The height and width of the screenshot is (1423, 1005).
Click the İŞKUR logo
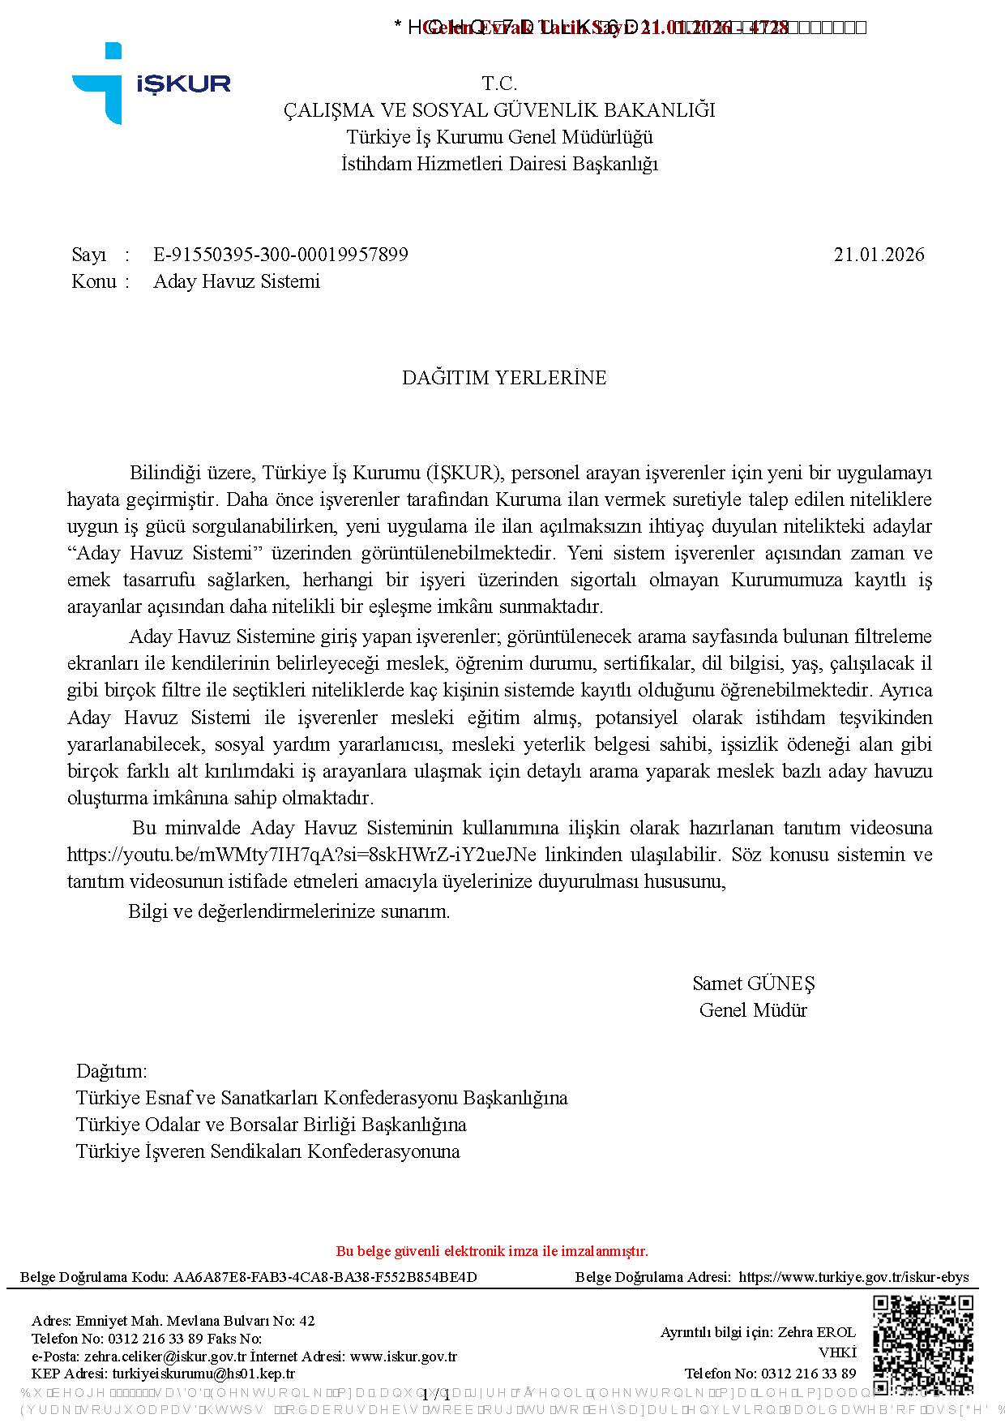point(150,84)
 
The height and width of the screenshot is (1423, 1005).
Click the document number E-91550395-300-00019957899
point(280,255)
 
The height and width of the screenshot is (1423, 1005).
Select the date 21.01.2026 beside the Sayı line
point(879,255)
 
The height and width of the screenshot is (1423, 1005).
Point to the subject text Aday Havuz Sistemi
point(237,281)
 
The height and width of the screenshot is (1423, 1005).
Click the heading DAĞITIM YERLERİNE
point(504,378)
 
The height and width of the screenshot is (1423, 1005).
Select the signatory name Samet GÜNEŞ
point(753,984)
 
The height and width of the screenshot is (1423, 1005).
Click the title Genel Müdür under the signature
point(753,1010)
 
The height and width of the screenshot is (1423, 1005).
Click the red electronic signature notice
point(492,1250)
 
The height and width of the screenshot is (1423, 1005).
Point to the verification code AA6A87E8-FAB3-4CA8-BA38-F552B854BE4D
point(325,1277)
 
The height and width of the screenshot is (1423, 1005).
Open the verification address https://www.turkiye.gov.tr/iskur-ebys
point(853,1277)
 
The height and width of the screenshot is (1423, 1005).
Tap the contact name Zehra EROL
point(816,1332)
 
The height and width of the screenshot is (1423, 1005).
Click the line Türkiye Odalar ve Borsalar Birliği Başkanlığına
point(271,1125)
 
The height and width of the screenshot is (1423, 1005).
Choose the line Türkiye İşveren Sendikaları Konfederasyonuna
point(267,1151)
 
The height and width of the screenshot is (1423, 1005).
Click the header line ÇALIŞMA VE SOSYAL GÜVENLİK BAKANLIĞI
point(499,110)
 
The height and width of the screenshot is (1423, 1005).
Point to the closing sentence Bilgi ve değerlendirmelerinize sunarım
point(289,911)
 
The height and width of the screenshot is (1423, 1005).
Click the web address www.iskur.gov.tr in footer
point(404,1357)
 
